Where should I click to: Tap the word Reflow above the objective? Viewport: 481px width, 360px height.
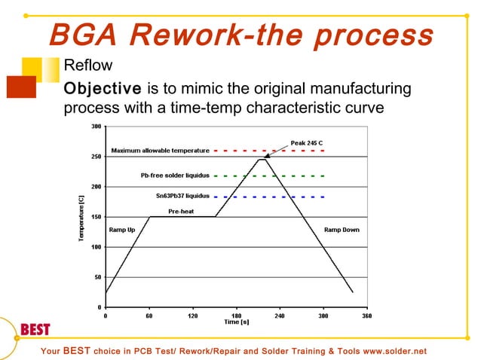click(x=87, y=66)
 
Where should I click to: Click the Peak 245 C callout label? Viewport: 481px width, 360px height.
click(x=308, y=142)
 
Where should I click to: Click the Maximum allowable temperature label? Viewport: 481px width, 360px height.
click(x=160, y=151)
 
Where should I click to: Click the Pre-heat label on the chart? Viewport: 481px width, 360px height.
click(x=180, y=212)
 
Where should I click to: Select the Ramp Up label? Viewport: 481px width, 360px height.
click(x=122, y=230)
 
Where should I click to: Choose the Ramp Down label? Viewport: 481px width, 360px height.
click(x=342, y=230)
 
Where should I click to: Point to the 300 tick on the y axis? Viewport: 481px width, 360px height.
click(x=97, y=126)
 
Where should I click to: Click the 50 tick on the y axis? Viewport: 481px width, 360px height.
click(x=98, y=277)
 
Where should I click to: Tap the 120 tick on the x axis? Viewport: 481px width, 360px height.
click(x=192, y=316)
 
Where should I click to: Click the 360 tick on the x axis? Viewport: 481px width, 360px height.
click(x=366, y=316)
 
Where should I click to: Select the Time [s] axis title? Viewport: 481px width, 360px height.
click(x=236, y=322)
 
